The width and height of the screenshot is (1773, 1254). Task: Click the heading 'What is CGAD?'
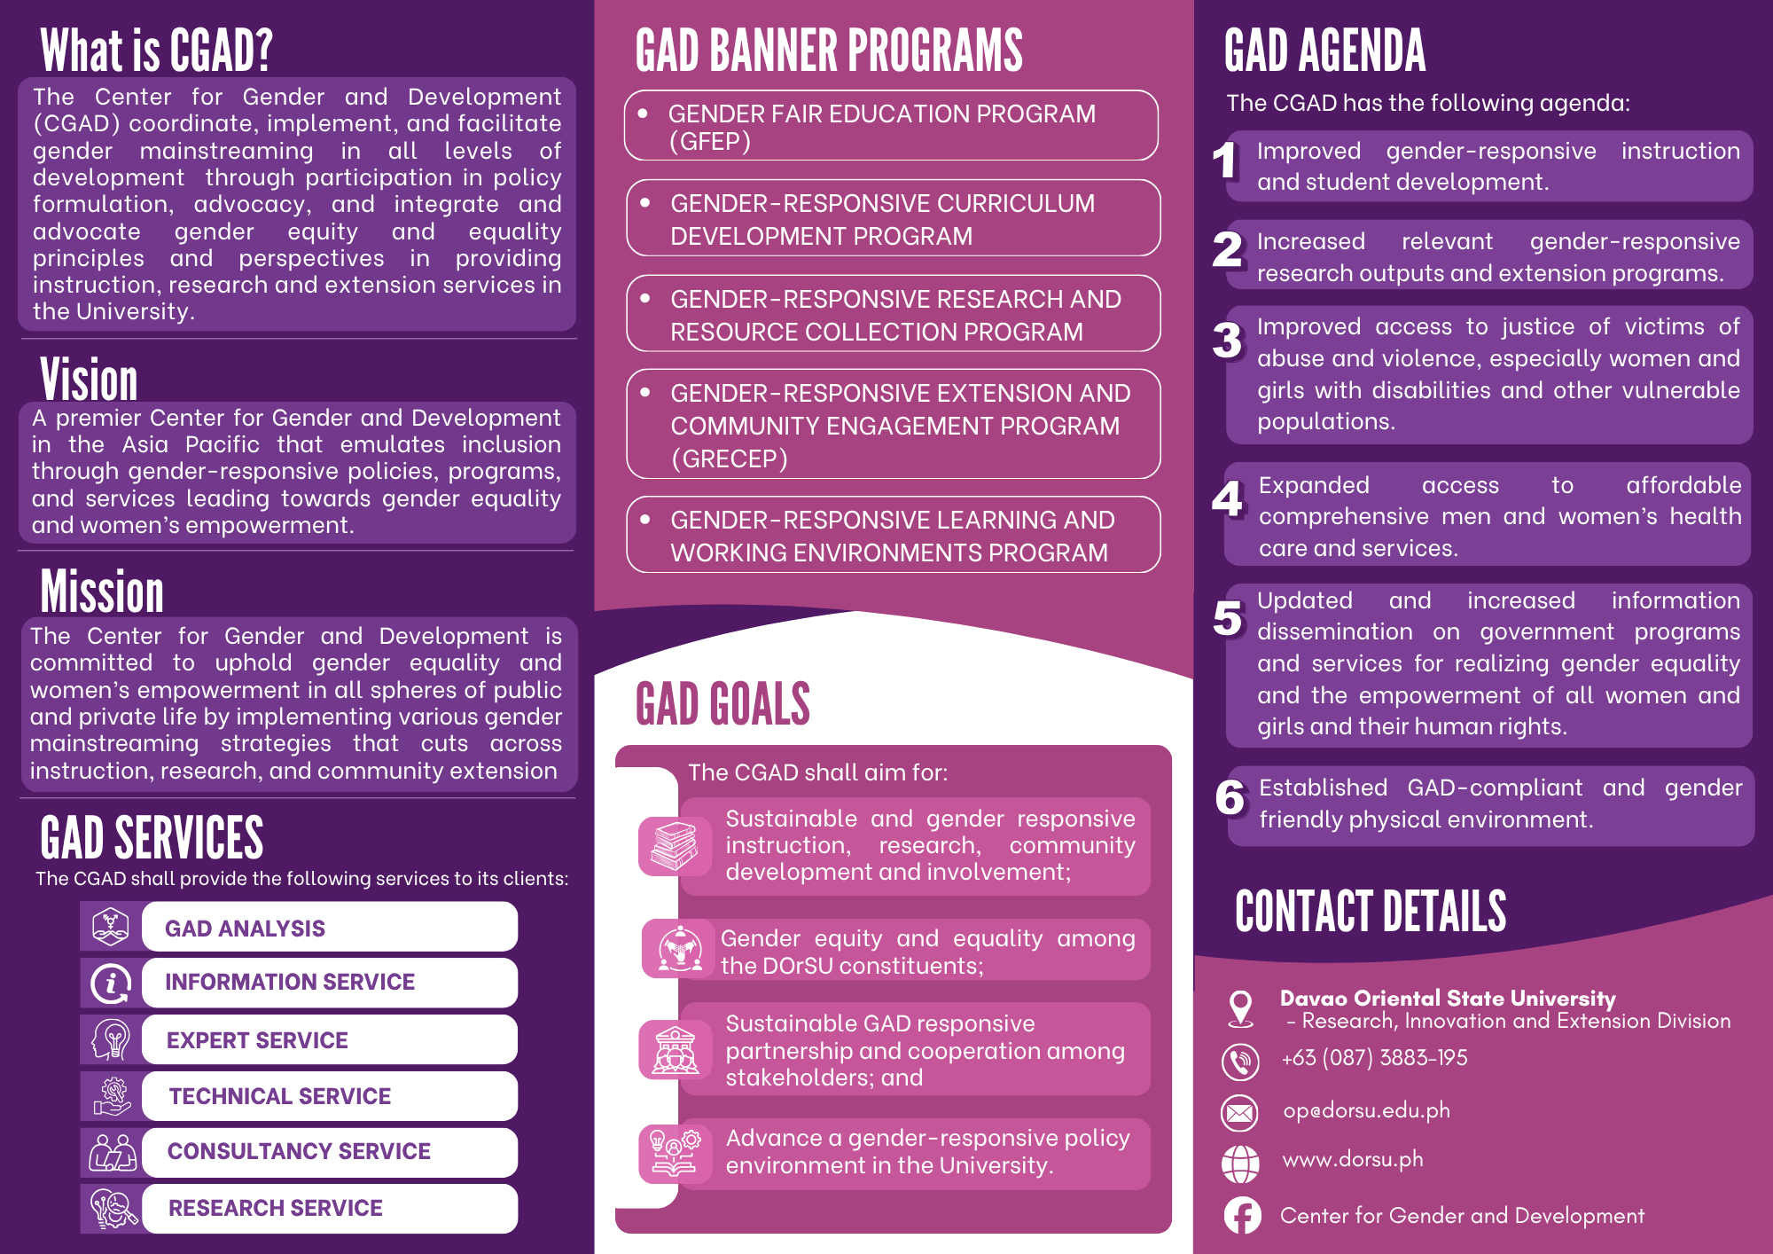[156, 51]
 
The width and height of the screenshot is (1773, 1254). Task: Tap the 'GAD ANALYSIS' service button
[329, 928]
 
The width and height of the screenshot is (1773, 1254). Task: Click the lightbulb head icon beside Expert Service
[112, 1039]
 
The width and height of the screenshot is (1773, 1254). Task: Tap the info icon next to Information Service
[112, 983]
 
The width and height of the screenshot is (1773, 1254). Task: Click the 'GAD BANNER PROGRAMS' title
[829, 51]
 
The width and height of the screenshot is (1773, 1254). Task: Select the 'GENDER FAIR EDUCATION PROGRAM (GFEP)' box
[891, 126]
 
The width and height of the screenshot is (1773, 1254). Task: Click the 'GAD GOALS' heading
[722, 704]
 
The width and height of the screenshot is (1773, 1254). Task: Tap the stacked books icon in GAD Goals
[675, 845]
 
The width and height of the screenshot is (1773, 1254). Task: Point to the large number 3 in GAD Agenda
[1228, 341]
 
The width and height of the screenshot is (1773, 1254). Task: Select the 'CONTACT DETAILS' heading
[1371, 912]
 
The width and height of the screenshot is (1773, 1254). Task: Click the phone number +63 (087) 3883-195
[1374, 1058]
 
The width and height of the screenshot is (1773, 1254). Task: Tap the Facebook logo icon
[1242, 1216]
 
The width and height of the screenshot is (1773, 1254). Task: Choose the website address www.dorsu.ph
[1353, 1160]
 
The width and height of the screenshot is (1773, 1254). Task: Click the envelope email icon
[1240, 1112]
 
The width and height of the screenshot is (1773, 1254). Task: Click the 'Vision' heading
[89, 380]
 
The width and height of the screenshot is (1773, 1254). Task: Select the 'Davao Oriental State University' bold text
[1448, 999]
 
